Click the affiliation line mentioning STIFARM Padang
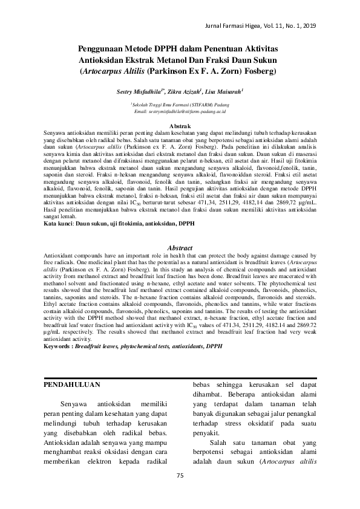click(180, 105)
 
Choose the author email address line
click(180, 112)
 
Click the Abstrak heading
click(179, 125)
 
